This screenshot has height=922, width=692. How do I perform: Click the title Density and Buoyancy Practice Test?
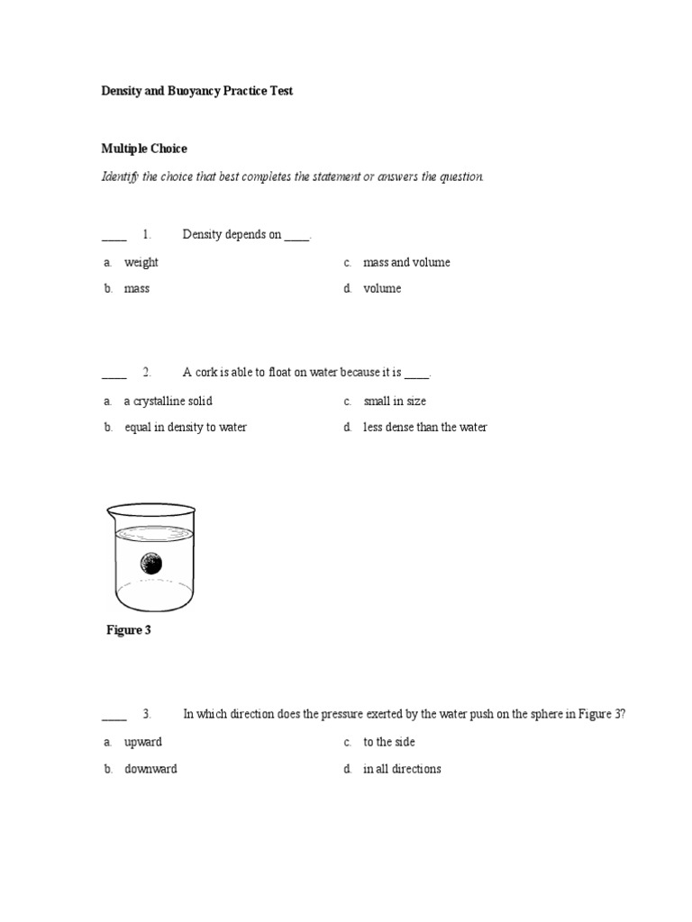point(196,91)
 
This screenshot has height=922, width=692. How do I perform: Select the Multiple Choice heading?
point(143,149)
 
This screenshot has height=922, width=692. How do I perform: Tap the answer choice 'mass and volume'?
point(406,263)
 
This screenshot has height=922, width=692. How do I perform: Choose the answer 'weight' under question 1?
point(141,263)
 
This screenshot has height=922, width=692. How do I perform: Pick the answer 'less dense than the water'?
point(424,428)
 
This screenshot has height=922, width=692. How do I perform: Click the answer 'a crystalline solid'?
point(168,402)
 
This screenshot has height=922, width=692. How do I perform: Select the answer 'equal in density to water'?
point(185,428)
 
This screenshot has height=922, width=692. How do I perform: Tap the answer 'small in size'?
point(395,402)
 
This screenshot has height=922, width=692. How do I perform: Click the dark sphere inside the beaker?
point(151,565)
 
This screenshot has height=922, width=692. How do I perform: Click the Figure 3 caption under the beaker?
point(129,630)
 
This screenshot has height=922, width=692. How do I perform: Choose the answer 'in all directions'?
point(402,770)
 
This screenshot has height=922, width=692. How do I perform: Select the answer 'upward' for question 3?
point(143,743)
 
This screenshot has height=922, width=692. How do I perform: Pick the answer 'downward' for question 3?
point(150,770)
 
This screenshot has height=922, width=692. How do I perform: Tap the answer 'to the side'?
point(389,743)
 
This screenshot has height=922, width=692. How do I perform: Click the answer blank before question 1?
point(114,236)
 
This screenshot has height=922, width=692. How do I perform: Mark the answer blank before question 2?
point(114,374)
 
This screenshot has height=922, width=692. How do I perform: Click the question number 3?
point(147,715)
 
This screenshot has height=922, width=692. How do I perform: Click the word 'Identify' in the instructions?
point(122,176)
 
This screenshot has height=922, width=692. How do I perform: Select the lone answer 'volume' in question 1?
point(382,289)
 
